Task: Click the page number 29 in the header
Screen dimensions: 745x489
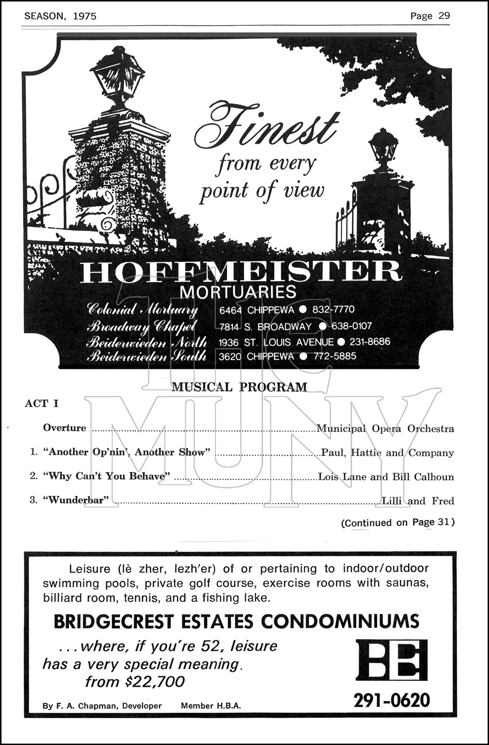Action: (x=444, y=15)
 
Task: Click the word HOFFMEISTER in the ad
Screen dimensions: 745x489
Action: (x=240, y=271)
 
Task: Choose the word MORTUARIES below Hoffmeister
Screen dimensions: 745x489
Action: (x=238, y=292)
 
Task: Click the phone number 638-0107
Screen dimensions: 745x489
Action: (x=351, y=326)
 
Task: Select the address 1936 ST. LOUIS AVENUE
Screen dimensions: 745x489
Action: (x=276, y=342)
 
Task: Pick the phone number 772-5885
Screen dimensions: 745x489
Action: (x=335, y=356)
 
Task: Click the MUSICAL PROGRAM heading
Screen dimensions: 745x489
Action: (x=239, y=387)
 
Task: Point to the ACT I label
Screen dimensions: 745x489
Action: (x=42, y=403)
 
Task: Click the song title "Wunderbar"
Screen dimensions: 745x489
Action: (x=76, y=500)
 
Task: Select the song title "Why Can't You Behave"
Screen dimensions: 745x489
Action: (x=107, y=476)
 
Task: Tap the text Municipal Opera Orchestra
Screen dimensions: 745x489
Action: (x=385, y=428)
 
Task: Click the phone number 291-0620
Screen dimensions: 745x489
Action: (x=392, y=700)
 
